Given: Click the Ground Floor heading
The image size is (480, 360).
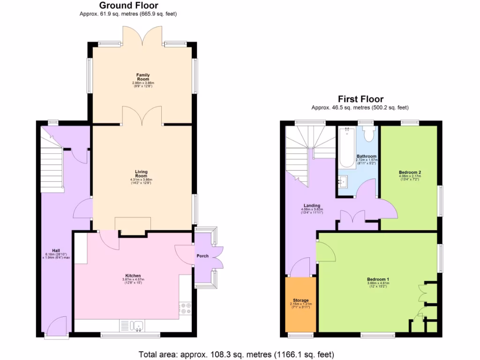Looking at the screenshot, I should point(128,6).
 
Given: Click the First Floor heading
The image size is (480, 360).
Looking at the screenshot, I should point(360,99).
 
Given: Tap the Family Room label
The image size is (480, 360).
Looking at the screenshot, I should point(143,77).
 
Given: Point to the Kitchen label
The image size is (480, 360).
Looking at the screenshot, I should point(133,276).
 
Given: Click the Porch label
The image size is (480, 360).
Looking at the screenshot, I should point(202,256).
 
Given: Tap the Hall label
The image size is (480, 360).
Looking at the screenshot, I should point(56,250).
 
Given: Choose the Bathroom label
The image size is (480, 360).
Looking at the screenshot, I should point(366,156).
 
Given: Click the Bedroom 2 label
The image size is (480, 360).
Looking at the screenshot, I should point(410,172).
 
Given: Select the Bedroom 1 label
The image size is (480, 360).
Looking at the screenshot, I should point(378,279).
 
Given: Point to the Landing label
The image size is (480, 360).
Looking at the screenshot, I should point(312,205).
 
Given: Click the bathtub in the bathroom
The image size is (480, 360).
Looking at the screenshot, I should point(347,148).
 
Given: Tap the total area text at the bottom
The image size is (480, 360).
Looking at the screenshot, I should point(236,354).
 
